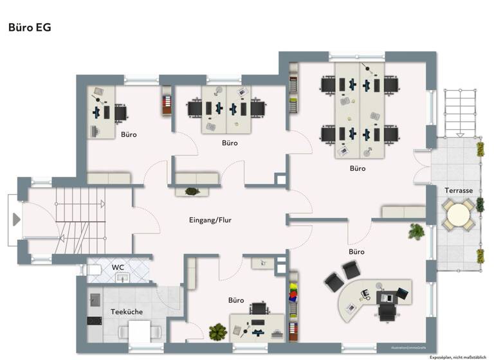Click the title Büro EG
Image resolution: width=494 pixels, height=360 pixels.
30,28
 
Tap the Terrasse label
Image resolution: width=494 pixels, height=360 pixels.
459,191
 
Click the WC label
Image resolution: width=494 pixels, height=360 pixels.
118,267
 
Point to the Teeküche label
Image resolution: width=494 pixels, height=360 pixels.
127,312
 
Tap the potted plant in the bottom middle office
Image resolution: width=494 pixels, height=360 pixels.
218,332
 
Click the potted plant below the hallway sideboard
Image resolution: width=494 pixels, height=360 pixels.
191,191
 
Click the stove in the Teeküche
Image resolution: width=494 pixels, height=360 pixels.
95,321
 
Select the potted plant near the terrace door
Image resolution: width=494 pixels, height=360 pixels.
416,231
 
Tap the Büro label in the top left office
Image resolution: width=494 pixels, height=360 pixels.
129,135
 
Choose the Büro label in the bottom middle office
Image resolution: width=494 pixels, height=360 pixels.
236,300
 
